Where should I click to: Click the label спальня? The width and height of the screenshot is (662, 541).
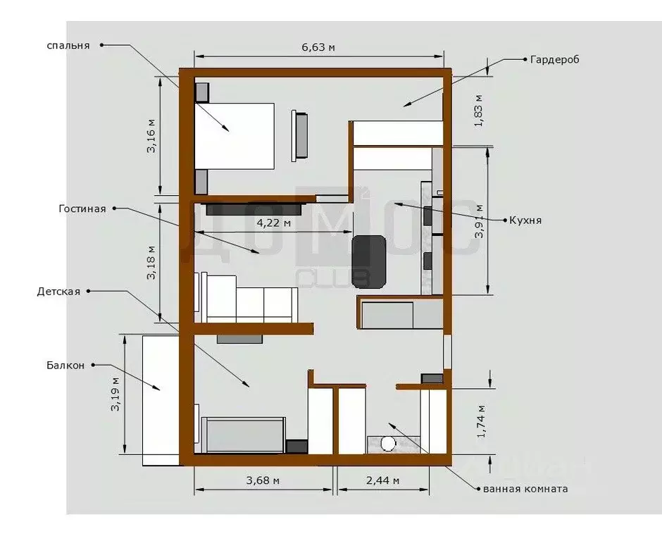[x=68, y=45]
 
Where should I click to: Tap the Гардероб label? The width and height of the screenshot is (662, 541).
[x=554, y=60]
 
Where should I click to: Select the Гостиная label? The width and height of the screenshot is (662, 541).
[x=82, y=209]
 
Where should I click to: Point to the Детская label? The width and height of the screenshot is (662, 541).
[x=59, y=291]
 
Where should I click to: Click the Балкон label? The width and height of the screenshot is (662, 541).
[x=65, y=365]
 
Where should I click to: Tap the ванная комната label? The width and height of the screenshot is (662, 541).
[x=525, y=488]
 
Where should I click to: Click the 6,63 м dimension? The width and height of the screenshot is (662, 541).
[x=318, y=47]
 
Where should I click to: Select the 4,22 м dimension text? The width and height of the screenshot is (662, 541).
[x=273, y=223]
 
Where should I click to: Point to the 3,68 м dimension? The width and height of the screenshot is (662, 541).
[x=263, y=480]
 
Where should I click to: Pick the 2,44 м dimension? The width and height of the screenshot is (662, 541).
[x=382, y=480]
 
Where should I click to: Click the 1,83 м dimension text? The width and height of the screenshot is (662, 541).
[x=479, y=110]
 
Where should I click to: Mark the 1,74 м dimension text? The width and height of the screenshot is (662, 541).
[x=480, y=421]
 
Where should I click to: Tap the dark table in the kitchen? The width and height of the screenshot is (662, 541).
[x=368, y=261]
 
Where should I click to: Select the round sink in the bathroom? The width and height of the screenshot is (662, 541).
[x=387, y=443]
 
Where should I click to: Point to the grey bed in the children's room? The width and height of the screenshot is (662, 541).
[x=244, y=433]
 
